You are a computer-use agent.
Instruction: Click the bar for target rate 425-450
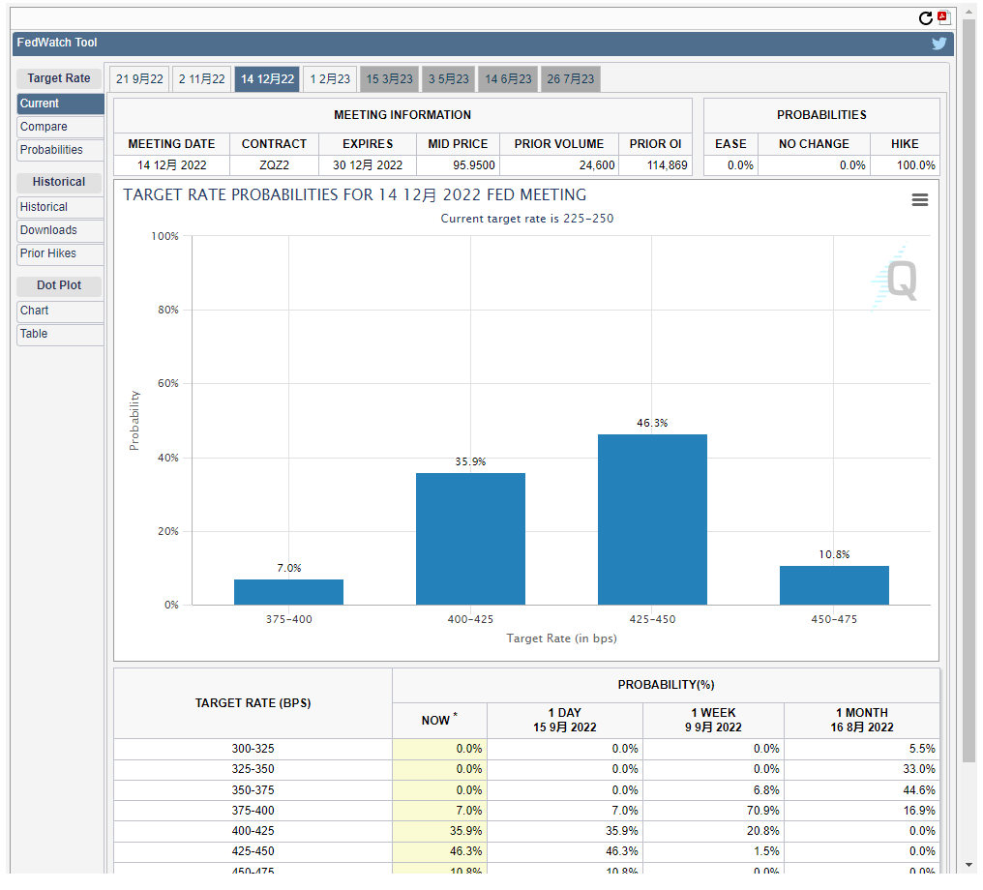pyautogui.click(x=652, y=519)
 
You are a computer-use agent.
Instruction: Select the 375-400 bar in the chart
pyautogui.click(x=288, y=592)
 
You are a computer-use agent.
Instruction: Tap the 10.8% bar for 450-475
pyautogui.click(x=834, y=585)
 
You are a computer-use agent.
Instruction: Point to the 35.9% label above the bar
pyautogui.click(x=470, y=462)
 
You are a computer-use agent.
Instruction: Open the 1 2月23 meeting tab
pyautogui.click(x=330, y=79)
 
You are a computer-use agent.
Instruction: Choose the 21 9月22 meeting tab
pyautogui.click(x=139, y=79)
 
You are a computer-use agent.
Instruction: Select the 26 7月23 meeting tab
pyautogui.click(x=571, y=79)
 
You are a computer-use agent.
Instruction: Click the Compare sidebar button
pyautogui.click(x=60, y=127)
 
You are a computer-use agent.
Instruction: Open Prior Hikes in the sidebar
pyautogui.click(x=60, y=253)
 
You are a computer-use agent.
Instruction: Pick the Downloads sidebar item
pyautogui.click(x=60, y=230)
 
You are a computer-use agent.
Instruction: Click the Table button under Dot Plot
pyautogui.click(x=60, y=334)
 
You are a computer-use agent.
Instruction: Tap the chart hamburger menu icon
pyautogui.click(x=920, y=199)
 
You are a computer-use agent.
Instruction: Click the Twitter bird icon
pyautogui.click(x=938, y=44)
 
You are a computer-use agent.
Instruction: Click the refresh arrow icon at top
pyautogui.click(x=926, y=18)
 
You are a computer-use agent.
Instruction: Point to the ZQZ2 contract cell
pyautogui.click(x=274, y=165)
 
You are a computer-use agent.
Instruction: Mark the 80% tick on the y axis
pyautogui.click(x=166, y=311)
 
